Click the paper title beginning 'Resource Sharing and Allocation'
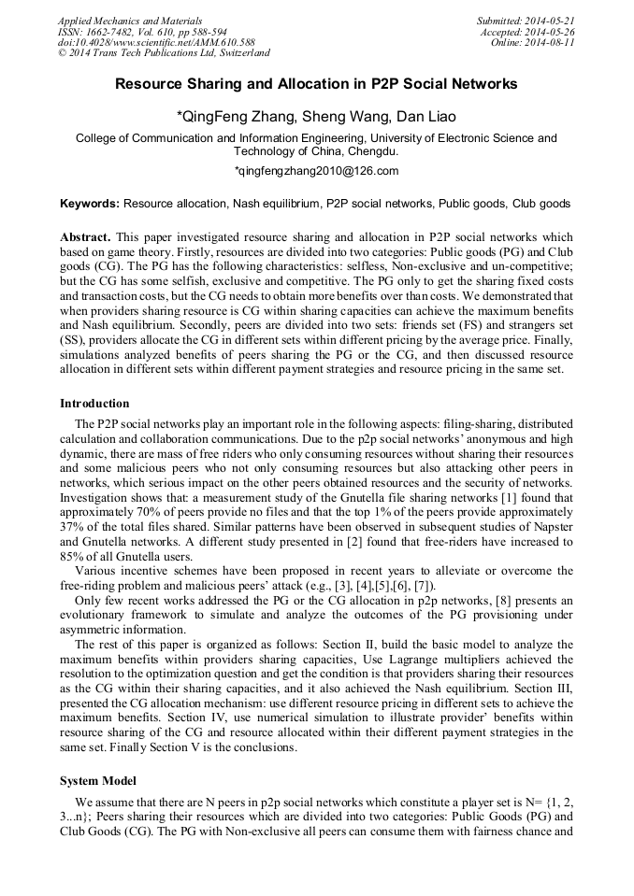click(316, 84)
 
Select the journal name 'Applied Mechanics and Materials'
click(130, 21)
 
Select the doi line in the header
click(156, 43)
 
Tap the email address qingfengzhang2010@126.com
click(316, 171)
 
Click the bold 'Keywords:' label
click(90, 203)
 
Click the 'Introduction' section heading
click(94, 404)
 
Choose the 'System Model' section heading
click(99, 780)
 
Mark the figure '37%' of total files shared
click(73, 527)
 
